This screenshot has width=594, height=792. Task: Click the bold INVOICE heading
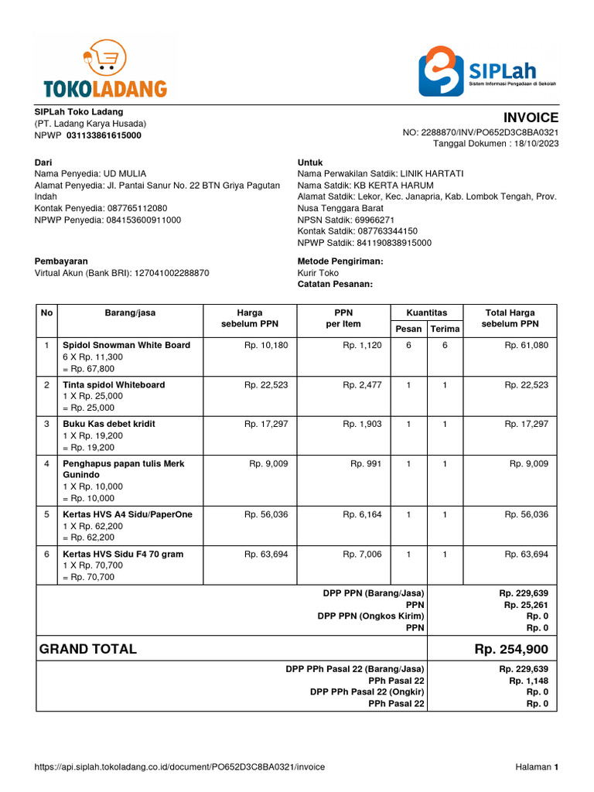coord(531,118)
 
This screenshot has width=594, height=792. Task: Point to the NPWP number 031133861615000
coord(104,135)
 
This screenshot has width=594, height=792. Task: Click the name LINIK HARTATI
coord(437,174)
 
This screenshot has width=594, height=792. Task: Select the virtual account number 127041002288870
coord(172,273)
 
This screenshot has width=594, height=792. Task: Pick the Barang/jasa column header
coord(130,312)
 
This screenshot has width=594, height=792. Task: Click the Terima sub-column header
coord(445,329)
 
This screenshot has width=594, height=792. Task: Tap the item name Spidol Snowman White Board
coord(126,345)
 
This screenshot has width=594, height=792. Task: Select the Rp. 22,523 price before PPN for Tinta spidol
coord(265,384)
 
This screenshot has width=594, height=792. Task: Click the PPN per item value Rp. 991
coord(366,463)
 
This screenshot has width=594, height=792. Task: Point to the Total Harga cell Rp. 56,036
coord(526,514)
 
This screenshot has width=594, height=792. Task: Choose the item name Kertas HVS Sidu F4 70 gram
coord(121,554)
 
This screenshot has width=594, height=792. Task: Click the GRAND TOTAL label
coord(88,649)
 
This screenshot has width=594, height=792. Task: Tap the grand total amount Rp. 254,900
coord(511,649)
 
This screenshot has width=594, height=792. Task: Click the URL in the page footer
coord(180,766)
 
